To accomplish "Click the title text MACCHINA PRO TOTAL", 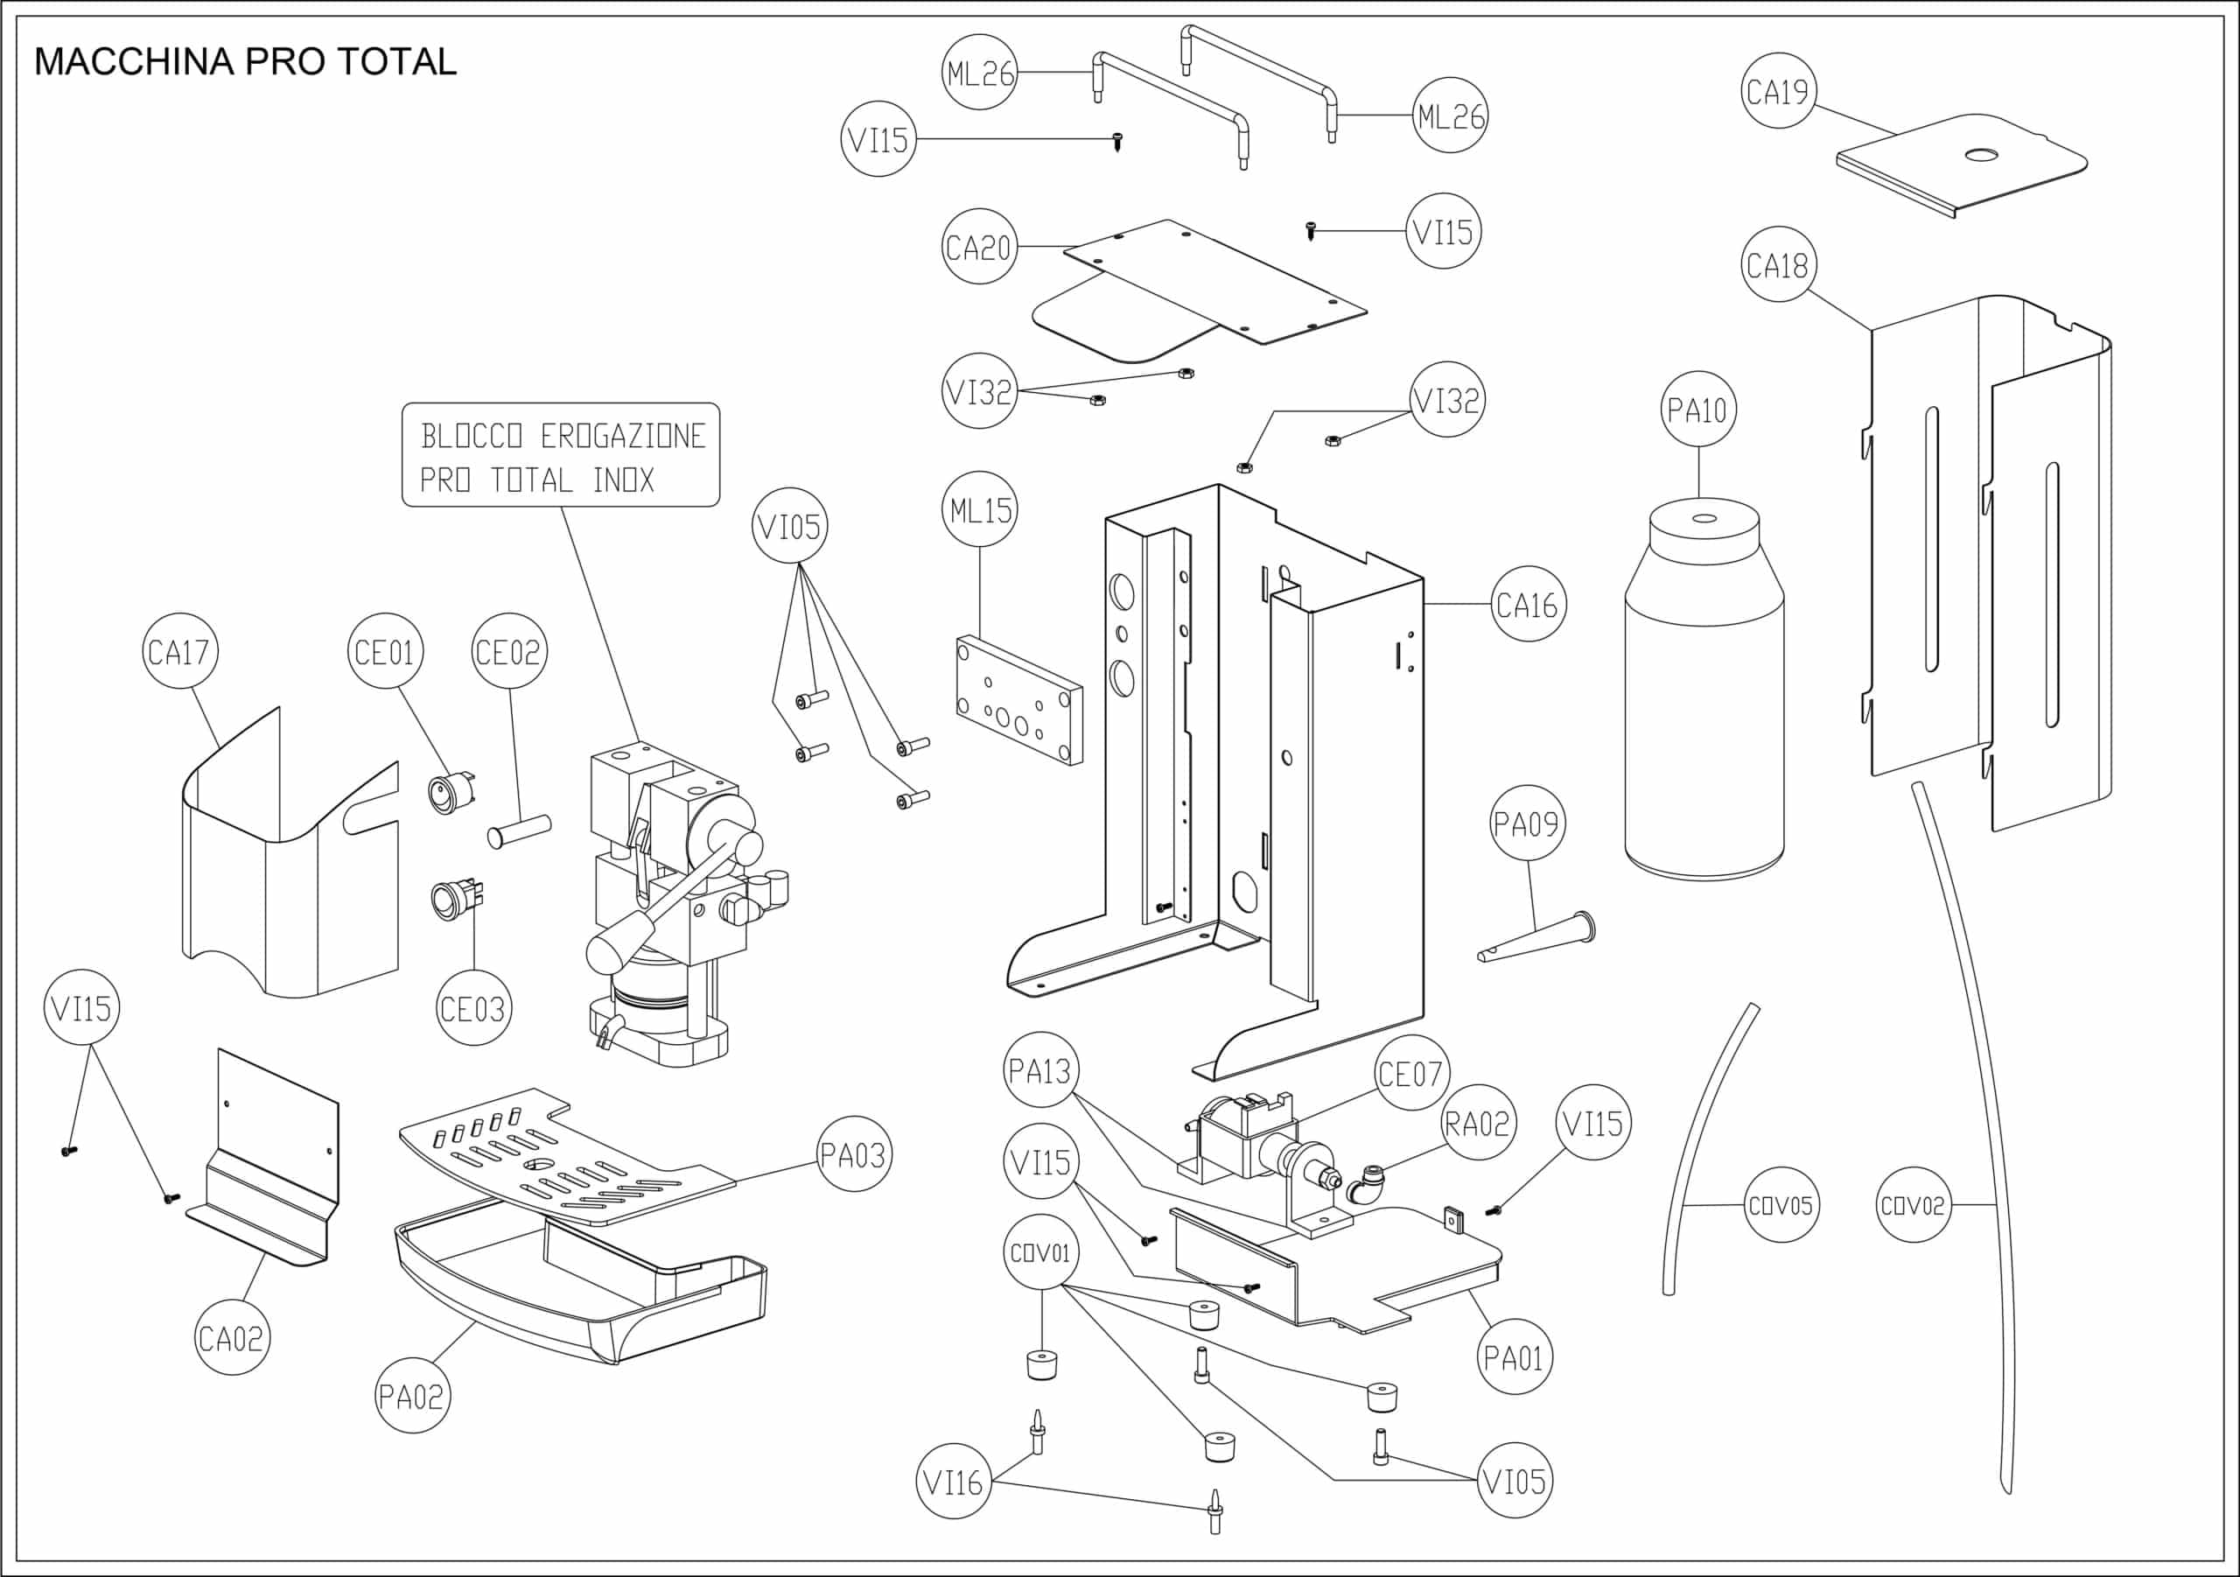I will pos(245,61).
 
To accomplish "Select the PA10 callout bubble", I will pos(1697,410).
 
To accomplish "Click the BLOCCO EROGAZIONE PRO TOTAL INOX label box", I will pos(561,456).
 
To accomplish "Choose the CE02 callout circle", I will pos(508,651).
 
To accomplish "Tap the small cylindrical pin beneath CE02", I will pos(519,831).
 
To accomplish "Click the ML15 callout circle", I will pos(979,510).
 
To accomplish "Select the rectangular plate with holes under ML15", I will pos(1019,700).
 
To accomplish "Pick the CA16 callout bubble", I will pos(1528,605).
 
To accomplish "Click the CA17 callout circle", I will pos(179,651).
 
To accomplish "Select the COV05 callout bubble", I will pos(1781,1205).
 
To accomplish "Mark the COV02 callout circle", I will pos(1913,1205).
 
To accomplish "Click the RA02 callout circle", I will pos(1477,1123).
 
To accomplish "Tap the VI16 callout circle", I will pos(953,1482).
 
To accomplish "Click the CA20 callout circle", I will pos(978,247).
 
